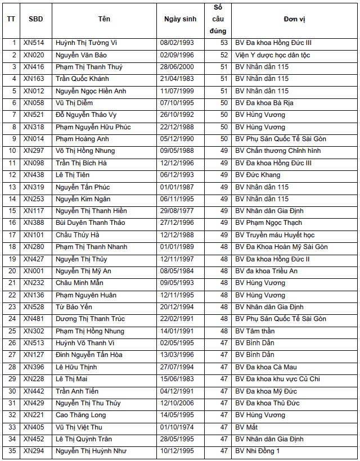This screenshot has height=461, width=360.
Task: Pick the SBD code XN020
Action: pyautogui.click(x=34, y=55)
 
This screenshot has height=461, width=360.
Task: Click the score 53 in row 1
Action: pyautogui.click(x=224, y=43)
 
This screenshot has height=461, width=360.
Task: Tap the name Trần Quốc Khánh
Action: pyautogui.click(x=82, y=79)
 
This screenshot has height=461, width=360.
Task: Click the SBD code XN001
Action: pyautogui.click(x=34, y=271)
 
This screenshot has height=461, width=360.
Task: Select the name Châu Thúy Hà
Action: pyautogui.click(x=78, y=235)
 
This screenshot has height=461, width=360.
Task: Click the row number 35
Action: pyautogui.click(x=12, y=451)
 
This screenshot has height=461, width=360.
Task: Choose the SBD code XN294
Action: pyautogui.click(x=34, y=451)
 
